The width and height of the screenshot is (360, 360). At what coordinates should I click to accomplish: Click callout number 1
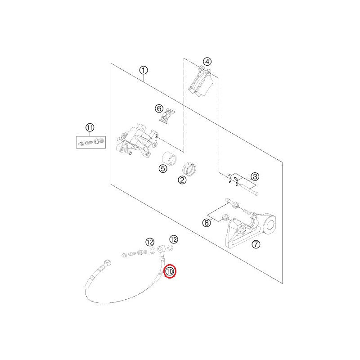point(143,70)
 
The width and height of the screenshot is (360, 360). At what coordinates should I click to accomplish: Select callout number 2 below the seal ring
point(182,180)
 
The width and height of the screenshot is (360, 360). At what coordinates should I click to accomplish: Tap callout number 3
point(255,176)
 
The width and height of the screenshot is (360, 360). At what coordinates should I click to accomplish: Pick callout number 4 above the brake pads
point(207,62)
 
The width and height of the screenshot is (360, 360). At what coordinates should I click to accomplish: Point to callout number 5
point(162,169)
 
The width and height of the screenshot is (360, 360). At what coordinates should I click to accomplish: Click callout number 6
point(159,108)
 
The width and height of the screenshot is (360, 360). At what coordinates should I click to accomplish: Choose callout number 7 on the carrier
point(255,245)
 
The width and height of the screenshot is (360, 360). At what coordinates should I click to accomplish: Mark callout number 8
point(207,222)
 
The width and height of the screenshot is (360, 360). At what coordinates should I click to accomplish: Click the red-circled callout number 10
point(171,272)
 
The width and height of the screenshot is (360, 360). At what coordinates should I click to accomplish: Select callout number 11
point(90,127)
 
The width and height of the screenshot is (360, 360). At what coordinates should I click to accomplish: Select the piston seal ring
point(190,169)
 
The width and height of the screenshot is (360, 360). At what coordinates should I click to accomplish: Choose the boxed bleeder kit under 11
point(90,142)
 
